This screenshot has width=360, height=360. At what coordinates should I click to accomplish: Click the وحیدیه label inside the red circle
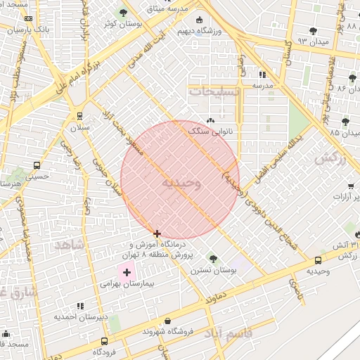pos(181,184)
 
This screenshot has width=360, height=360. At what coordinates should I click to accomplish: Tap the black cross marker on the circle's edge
pos(157,233)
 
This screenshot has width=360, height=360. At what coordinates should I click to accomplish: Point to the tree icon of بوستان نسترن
pos(212,260)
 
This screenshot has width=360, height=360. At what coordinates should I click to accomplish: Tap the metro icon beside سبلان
pos(79,116)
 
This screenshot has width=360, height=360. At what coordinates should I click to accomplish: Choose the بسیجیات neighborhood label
pos(215,91)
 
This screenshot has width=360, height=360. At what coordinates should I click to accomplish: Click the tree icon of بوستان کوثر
pos(124,13)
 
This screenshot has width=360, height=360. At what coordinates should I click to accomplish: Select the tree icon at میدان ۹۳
pos(313,31)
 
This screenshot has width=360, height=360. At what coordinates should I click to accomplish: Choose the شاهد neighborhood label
pos(68,245)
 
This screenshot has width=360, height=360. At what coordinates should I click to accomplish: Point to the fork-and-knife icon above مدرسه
pos(262,74)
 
